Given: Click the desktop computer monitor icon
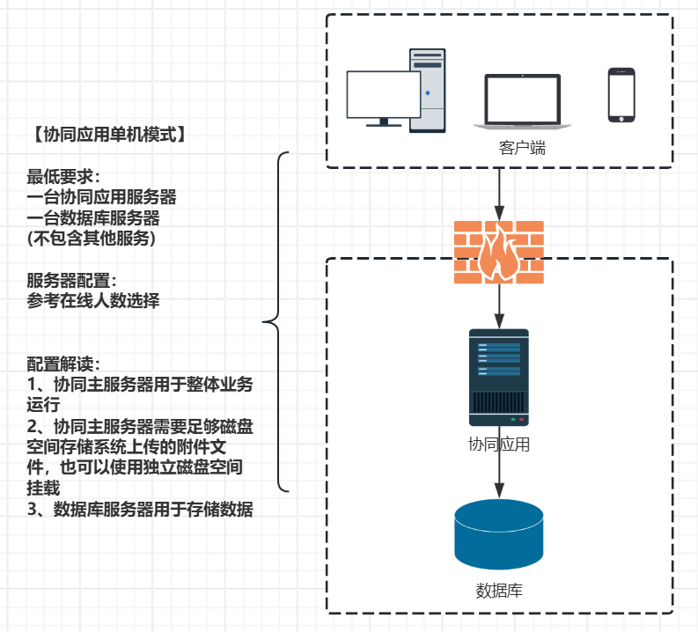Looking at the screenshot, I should pos(383,97).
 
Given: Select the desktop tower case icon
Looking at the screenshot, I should pos(428,90).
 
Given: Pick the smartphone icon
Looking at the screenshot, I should pos(621,95).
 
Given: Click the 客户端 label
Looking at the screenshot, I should pos(522,148).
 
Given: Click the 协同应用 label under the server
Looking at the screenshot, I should pos(499,445).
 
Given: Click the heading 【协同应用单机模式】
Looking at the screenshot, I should pos(106,135).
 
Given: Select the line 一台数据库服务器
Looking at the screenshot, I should pos(93,217).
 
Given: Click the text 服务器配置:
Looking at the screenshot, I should pos(71,281).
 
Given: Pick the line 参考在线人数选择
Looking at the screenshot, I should pos(93,300).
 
